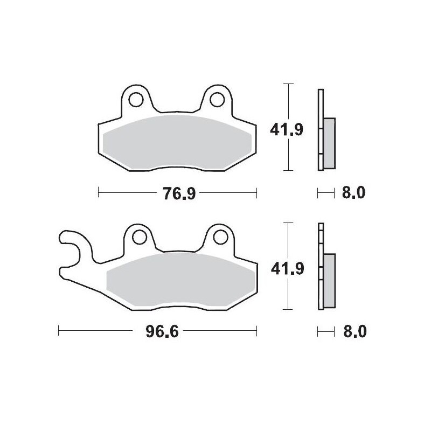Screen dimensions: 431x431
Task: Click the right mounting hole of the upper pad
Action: click(218, 99)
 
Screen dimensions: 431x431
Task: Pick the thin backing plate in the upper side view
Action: click(321, 129)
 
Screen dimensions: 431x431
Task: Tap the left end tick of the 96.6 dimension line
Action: click(59, 331)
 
